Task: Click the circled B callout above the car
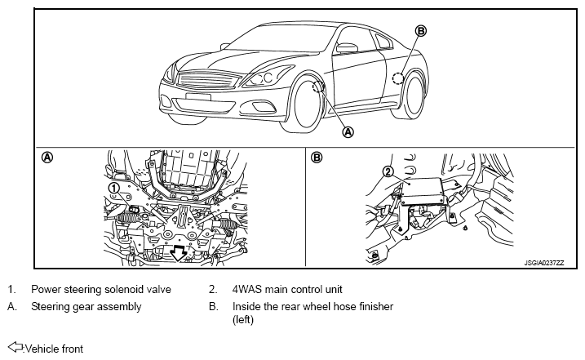pos(421,31)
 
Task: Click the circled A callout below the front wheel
pos(348,131)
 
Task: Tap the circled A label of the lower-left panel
pos(47,158)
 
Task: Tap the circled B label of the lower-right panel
pos(316,158)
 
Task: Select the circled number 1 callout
pos(113,188)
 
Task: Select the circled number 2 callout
pos(388,171)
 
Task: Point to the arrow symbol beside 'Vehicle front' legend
pos(16,347)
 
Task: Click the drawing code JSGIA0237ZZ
pos(544,263)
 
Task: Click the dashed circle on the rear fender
pos(398,78)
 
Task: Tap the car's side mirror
pos(347,48)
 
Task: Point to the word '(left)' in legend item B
pos(243,320)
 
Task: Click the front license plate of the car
pos(197,96)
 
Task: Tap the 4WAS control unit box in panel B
pos(422,191)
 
